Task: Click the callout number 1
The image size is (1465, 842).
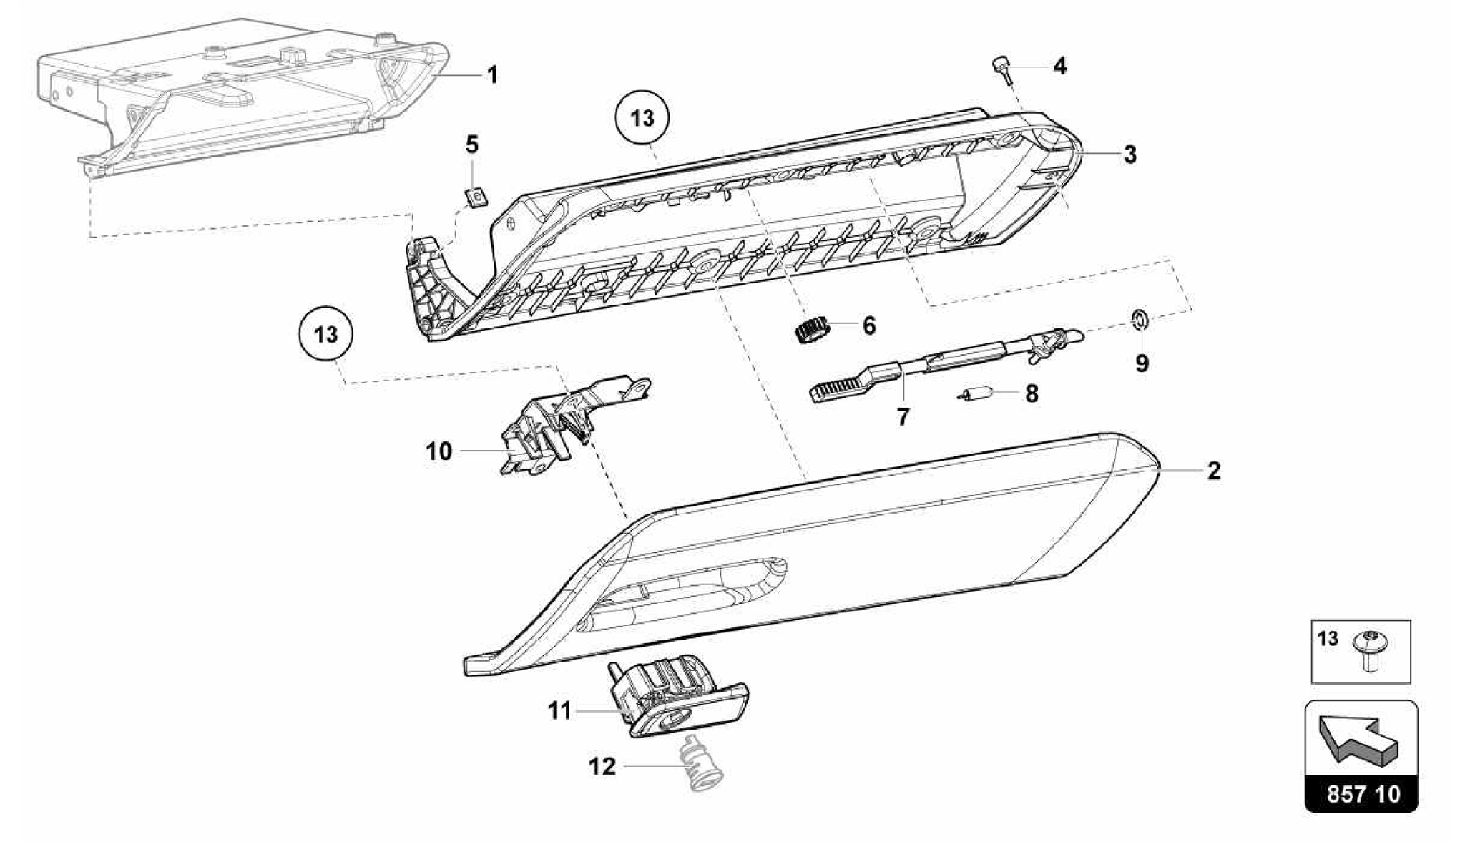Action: click(x=491, y=74)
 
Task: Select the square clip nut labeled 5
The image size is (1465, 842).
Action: click(x=476, y=195)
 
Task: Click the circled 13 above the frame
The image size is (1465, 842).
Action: click(x=642, y=117)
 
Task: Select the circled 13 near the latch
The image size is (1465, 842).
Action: click(x=326, y=334)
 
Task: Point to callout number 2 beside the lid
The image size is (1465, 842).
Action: click(x=1213, y=471)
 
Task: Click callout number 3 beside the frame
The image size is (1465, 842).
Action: click(x=1130, y=154)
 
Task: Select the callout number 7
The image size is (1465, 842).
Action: click(x=903, y=416)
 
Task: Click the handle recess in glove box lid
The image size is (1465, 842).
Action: click(x=687, y=587)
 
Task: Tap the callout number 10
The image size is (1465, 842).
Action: click(x=439, y=451)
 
